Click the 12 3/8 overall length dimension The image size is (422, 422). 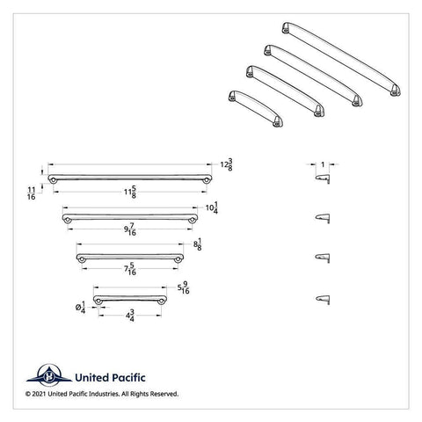227,164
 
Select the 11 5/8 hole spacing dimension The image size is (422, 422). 130,192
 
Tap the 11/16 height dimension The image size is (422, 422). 32,193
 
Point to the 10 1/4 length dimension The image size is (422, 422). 212,207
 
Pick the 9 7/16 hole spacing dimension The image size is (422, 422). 130,229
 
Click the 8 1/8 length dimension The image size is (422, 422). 198,244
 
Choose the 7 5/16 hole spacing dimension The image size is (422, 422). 130,269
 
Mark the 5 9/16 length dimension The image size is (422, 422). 184,287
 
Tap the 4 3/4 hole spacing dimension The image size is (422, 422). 130,316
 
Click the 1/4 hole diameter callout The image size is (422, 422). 80,307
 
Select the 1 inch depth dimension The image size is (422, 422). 323,164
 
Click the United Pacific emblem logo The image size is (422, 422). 49,375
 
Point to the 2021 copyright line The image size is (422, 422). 102,394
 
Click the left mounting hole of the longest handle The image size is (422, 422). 53,180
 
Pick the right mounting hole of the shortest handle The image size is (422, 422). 160,302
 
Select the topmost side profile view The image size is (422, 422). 323,178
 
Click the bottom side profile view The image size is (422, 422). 323,300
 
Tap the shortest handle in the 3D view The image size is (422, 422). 256,108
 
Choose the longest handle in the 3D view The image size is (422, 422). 342,59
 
